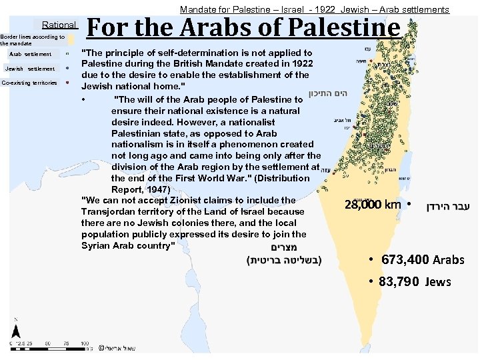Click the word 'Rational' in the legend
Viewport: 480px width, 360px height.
(x=59, y=25)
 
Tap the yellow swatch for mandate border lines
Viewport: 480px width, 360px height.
(x=71, y=39)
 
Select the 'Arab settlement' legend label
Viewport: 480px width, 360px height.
(x=30, y=54)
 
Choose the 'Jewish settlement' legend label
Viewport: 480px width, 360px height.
(x=30, y=69)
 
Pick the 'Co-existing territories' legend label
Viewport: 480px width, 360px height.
(x=29, y=83)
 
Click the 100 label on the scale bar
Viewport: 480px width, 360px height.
(x=85, y=343)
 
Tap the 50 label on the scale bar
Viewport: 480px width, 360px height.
(x=51, y=343)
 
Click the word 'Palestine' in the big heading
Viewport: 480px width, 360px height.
(x=341, y=29)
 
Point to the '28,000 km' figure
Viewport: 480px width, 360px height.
(x=373, y=205)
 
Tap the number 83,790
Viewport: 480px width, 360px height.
(x=399, y=282)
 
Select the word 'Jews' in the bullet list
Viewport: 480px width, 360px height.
(x=438, y=282)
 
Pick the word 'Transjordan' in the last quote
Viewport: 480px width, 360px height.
(x=111, y=211)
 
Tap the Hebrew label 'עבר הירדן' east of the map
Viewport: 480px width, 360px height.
(x=447, y=206)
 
